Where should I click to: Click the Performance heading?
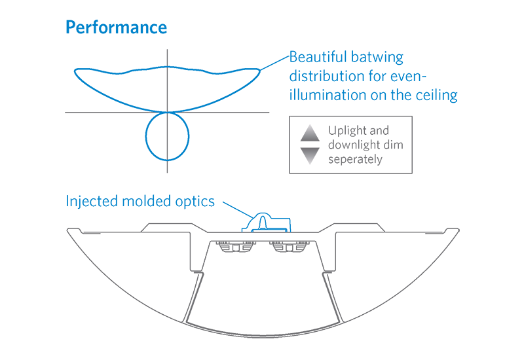click(116, 27)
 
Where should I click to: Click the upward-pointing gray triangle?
click(310, 133)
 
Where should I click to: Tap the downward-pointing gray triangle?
click(310, 155)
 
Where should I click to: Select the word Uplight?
click(349, 130)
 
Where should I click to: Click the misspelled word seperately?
click(356, 159)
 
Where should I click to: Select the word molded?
click(145, 201)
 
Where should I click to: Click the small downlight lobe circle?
click(167, 136)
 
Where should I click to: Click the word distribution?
click(325, 76)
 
